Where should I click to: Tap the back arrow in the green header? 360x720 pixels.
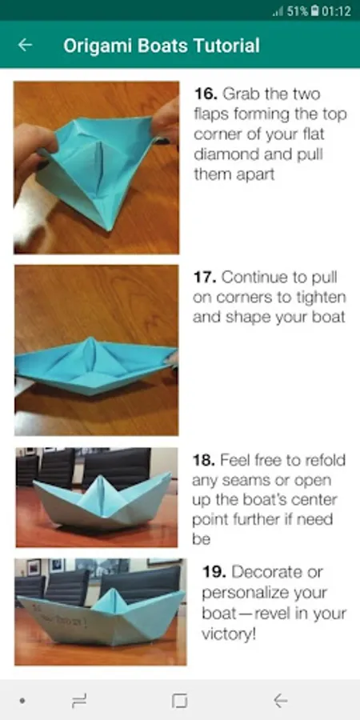[x=25, y=45]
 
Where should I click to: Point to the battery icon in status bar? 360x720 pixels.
[x=314, y=11]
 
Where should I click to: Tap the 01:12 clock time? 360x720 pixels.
[x=336, y=11]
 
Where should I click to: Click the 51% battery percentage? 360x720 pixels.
[x=298, y=11]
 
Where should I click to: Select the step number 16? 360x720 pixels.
[x=206, y=94]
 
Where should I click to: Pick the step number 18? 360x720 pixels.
[x=203, y=460]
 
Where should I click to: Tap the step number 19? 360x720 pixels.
[x=214, y=572]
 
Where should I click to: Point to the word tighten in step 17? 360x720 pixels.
[x=318, y=298]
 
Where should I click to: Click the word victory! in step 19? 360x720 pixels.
[x=229, y=634]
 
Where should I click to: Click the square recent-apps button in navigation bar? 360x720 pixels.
[x=179, y=701]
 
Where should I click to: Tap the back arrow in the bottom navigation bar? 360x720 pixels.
[x=281, y=701]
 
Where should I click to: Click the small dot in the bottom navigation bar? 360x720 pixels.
[x=22, y=701]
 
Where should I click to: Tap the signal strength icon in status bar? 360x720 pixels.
[x=278, y=12]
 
